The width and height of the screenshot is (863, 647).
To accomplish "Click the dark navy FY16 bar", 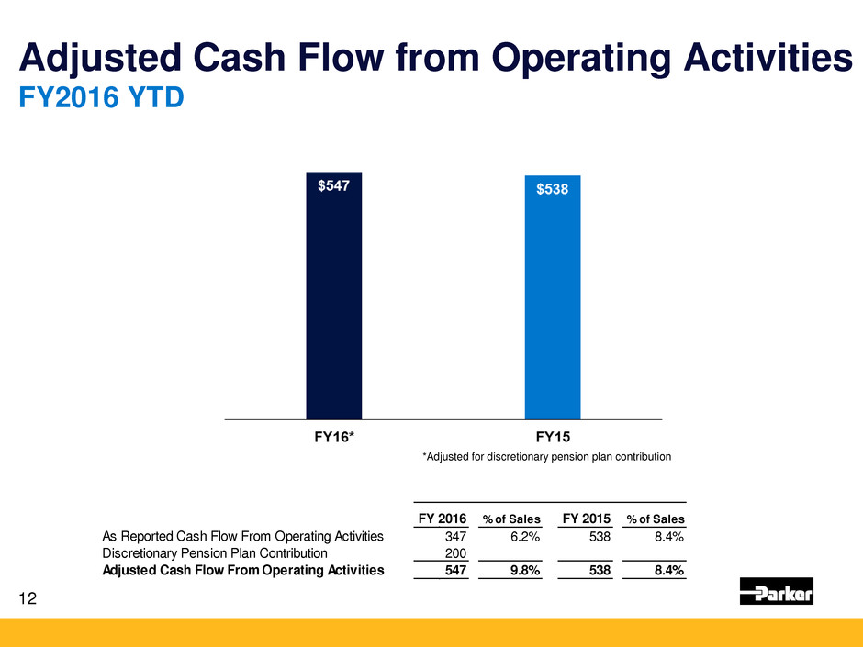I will coord(333,303).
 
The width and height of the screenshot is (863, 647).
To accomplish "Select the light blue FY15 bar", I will coord(552,303).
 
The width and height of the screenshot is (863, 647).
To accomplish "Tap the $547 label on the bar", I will coord(333,186).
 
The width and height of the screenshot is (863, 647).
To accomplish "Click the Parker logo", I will coord(776,592).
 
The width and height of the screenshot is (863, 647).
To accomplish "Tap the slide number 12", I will coord(28,598).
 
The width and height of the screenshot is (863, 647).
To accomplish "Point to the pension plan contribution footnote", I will coord(547,456).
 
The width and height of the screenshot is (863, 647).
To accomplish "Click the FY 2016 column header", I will coord(442,519).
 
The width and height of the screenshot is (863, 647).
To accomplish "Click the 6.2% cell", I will coord(522,537).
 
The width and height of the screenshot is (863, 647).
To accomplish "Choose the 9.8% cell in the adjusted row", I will coord(521,570).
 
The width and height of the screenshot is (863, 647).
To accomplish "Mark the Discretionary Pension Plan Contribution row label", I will coord(214,553).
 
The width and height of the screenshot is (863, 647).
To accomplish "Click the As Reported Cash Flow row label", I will coord(236,537).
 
